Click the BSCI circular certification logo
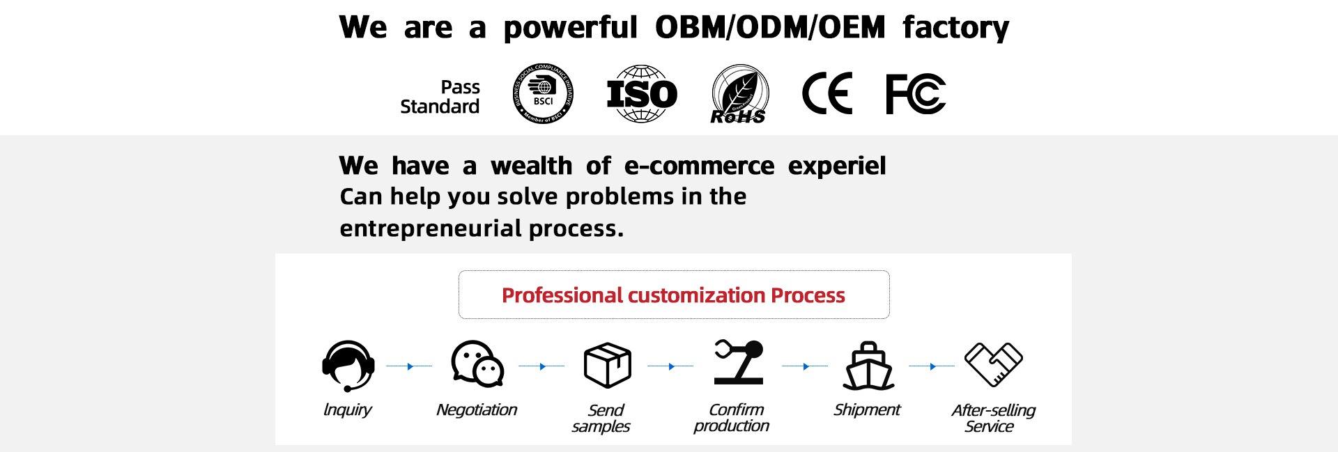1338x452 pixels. tap(543, 94)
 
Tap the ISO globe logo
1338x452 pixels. tap(642, 94)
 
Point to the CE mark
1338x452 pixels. tap(827, 93)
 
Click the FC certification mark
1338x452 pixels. tap(916, 93)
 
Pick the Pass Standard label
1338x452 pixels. tap(440, 97)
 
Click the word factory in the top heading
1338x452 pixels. tap(955, 28)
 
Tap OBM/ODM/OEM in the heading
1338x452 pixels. tap(770, 27)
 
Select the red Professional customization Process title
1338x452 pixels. tap(673, 295)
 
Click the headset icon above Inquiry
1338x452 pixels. tap(348, 365)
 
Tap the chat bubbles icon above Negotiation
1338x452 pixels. tap(477, 364)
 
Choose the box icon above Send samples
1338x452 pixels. tap(607, 364)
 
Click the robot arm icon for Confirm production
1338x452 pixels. tap(739, 362)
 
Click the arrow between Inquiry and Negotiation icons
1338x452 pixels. tap(410, 366)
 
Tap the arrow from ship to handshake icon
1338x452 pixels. tap(932, 366)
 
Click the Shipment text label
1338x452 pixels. tap(867, 410)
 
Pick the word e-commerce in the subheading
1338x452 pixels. tap(699, 166)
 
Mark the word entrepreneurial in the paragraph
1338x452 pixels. tap(431, 228)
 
